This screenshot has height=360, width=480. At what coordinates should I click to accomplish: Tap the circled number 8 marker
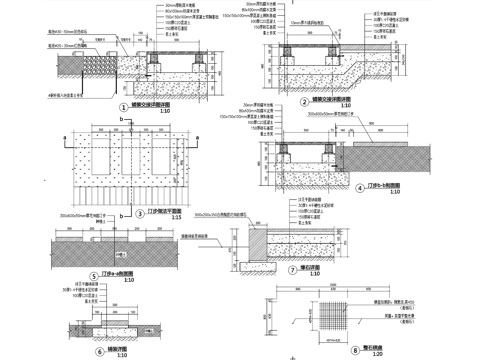click(x=355, y=350)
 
